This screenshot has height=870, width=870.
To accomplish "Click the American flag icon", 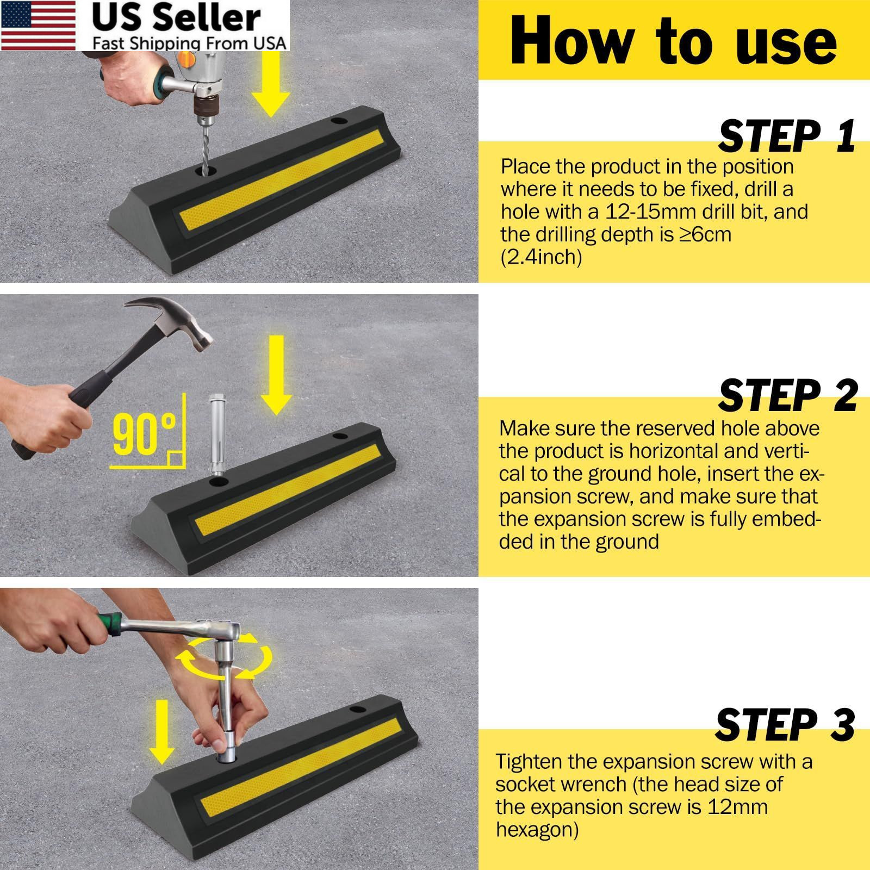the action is (x=39, y=26).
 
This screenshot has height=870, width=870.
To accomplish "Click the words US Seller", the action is (x=177, y=18).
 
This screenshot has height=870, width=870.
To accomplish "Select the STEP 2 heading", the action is (x=788, y=395).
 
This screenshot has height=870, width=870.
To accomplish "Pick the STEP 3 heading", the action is (x=785, y=725).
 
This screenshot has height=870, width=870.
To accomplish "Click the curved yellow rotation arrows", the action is (x=223, y=659).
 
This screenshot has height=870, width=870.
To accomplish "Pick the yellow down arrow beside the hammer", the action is (x=277, y=375).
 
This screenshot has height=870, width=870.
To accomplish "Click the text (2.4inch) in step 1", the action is (x=541, y=257).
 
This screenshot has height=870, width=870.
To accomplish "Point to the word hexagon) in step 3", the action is (x=537, y=830).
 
